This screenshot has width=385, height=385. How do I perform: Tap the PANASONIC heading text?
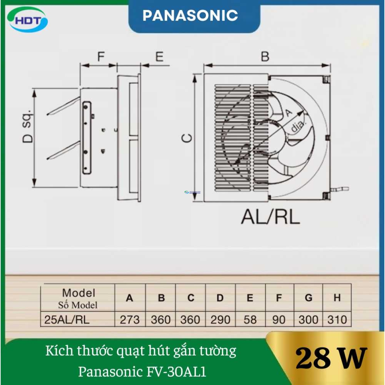[x=190, y=15]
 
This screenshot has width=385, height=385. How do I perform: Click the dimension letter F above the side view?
[x=101, y=57]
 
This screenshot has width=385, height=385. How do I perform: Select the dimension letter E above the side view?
[x=159, y=57]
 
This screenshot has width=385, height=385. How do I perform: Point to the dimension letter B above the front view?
[x=265, y=57]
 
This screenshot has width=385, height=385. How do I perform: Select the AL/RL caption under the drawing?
[x=270, y=217]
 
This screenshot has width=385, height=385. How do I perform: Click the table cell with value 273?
[x=130, y=320]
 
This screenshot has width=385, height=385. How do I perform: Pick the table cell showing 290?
[x=220, y=320]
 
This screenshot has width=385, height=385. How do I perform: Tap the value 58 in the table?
[x=250, y=320]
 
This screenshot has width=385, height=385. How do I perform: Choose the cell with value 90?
[x=279, y=320]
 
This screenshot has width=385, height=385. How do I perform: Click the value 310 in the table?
[x=337, y=320]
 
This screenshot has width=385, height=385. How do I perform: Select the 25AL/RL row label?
[x=67, y=320]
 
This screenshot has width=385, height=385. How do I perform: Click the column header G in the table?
[x=308, y=298]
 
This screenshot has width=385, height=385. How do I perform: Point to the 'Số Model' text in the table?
[x=78, y=305]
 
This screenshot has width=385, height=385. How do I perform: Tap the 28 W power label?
[x=331, y=358]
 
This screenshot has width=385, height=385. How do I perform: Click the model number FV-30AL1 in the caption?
[x=176, y=372]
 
